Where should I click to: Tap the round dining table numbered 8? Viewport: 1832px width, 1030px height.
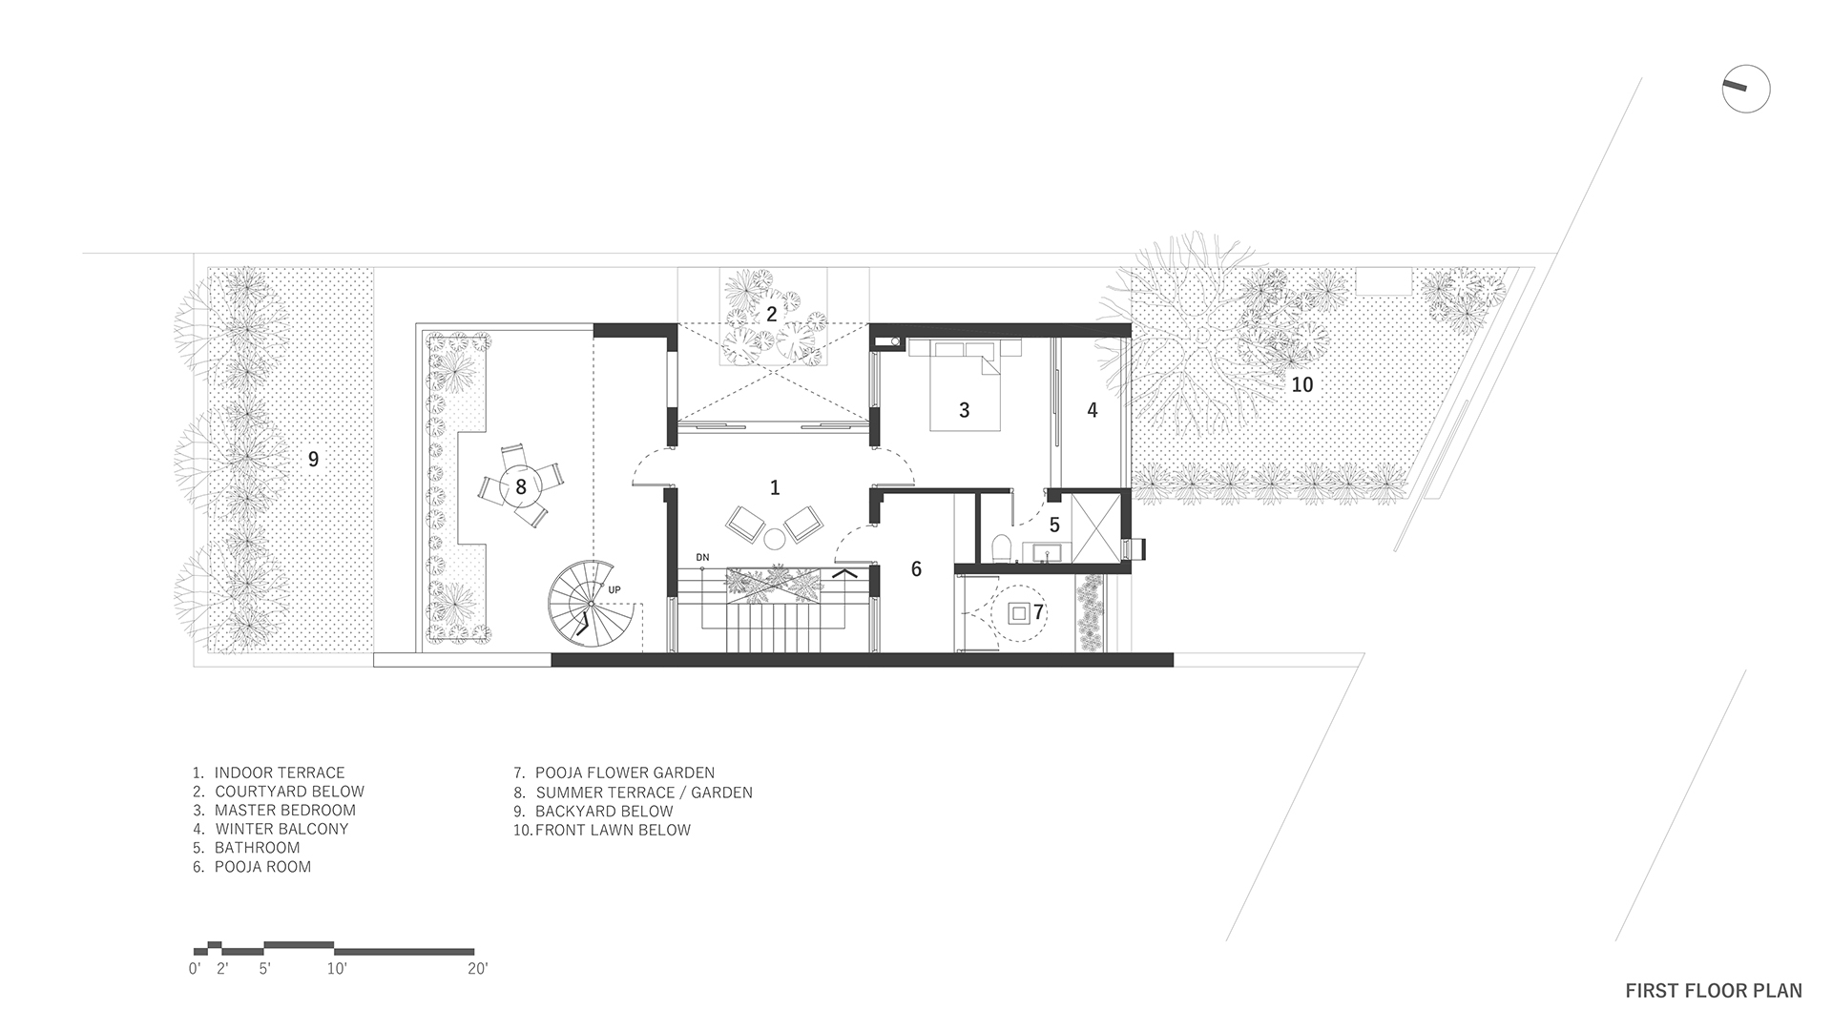click(521, 486)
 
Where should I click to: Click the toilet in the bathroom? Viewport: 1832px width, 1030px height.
click(1001, 549)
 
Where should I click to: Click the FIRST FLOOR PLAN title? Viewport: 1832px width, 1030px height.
click(1714, 991)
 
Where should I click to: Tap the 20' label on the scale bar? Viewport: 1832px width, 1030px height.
click(477, 969)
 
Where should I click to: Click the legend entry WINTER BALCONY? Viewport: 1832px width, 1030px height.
click(271, 829)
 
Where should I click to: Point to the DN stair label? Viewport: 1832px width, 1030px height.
click(702, 557)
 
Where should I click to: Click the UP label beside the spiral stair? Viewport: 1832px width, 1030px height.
click(614, 590)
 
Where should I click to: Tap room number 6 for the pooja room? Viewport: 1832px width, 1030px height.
click(916, 569)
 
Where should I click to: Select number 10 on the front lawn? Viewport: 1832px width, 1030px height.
click(1301, 384)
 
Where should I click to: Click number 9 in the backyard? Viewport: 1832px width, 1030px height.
click(313, 459)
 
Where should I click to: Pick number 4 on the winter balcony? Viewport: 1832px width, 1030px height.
click(1093, 409)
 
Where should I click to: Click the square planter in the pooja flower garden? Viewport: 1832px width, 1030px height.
click(1020, 613)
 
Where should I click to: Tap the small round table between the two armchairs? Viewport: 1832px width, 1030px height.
click(773, 540)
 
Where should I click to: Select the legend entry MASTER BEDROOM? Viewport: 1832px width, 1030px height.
click(275, 810)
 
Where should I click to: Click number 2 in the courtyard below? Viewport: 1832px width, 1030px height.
click(771, 313)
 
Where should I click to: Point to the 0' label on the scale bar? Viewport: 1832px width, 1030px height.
click(196, 969)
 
